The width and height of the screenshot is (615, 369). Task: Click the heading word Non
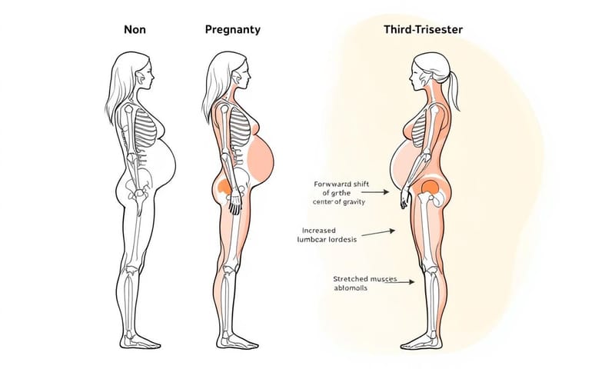135,30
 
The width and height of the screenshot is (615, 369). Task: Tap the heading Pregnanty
232,30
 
